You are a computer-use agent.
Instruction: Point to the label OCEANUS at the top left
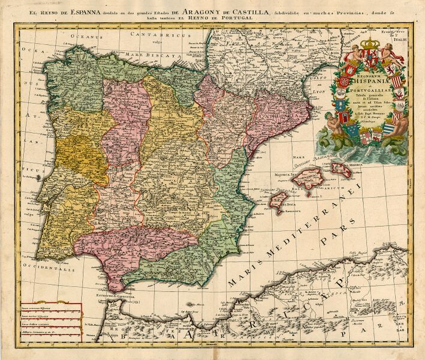pyautogui.click(x=85, y=36)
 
